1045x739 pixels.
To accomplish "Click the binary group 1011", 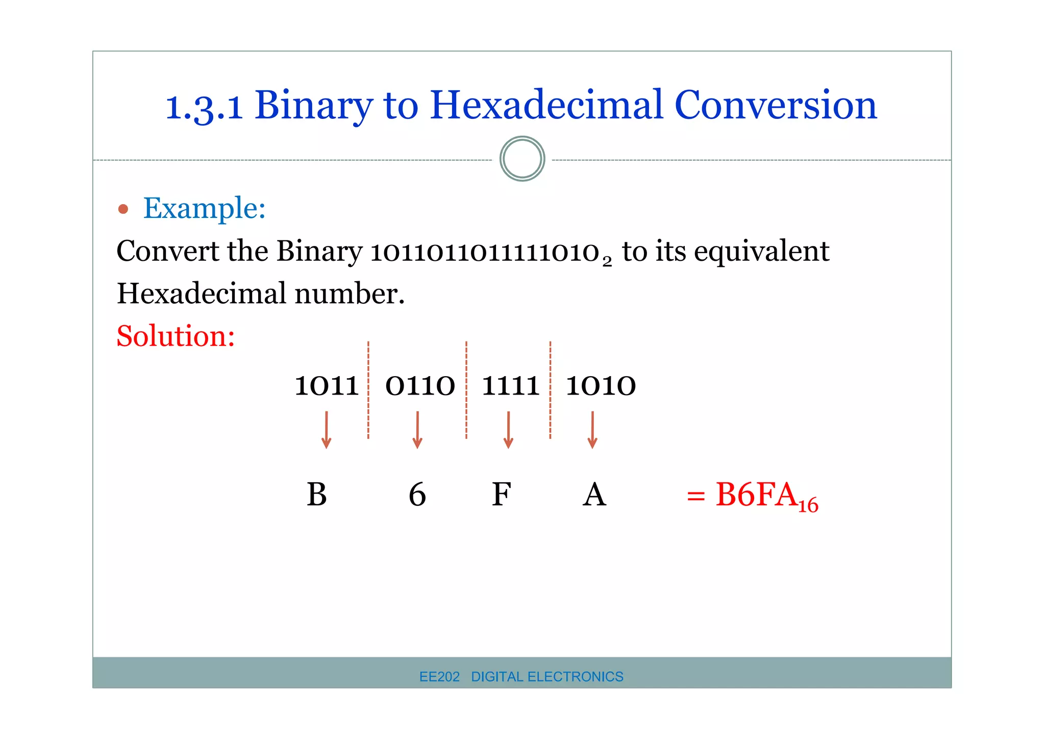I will pyautogui.click(x=327, y=386).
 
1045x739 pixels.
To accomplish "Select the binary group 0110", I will pyautogui.click(x=420, y=386).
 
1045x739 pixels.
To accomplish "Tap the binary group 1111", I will pyautogui.click(x=510, y=386).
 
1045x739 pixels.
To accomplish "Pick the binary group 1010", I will pyautogui.click(x=601, y=386).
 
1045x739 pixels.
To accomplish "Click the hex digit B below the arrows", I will pyautogui.click(x=317, y=494).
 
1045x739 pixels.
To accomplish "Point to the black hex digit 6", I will pyautogui.click(x=417, y=494).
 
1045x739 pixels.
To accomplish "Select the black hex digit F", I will pyautogui.click(x=501, y=494).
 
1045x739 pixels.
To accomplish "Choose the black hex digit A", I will pyautogui.click(x=594, y=494).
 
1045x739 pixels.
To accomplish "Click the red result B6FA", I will pyautogui.click(x=756, y=494).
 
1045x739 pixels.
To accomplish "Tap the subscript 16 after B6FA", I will pyautogui.click(x=808, y=505).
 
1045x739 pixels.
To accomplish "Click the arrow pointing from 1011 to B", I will pyautogui.click(x=327, y=430).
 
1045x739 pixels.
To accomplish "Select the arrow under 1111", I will pyautogui.click(x=508, y=430).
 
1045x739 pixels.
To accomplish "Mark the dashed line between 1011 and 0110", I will pyautogui.click(x=368, y=390).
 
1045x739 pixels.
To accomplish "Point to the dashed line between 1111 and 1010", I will pyautogui.click(x=551, y=390).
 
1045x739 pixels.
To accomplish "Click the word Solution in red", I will pyautogui.click(x=176, y=336).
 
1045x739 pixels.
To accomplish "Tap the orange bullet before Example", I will pyautogui.click(x=123, y=209).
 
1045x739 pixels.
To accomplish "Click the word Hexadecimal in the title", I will pyautogui.click(x=546, y=105).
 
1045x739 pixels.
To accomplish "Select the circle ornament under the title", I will pyautogui.click(x=522, y=159).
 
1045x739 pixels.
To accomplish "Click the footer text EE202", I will pyautogui.click(x=439, y=677).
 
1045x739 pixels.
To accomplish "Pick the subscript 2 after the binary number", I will pyautogui.click(x=607, y=262).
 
